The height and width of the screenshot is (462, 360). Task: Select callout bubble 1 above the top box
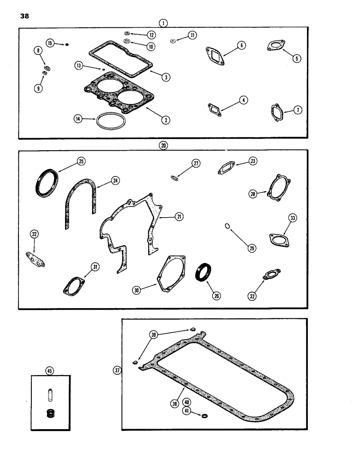163,22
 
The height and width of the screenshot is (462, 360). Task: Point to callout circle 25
81,161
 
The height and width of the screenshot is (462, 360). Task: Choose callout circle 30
136,291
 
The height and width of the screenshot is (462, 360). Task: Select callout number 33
292,218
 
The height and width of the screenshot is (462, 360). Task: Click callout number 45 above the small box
50,370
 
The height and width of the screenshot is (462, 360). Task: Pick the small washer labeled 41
204,403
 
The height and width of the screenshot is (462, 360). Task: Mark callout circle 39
153,334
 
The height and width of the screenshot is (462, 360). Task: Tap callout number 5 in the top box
297,58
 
